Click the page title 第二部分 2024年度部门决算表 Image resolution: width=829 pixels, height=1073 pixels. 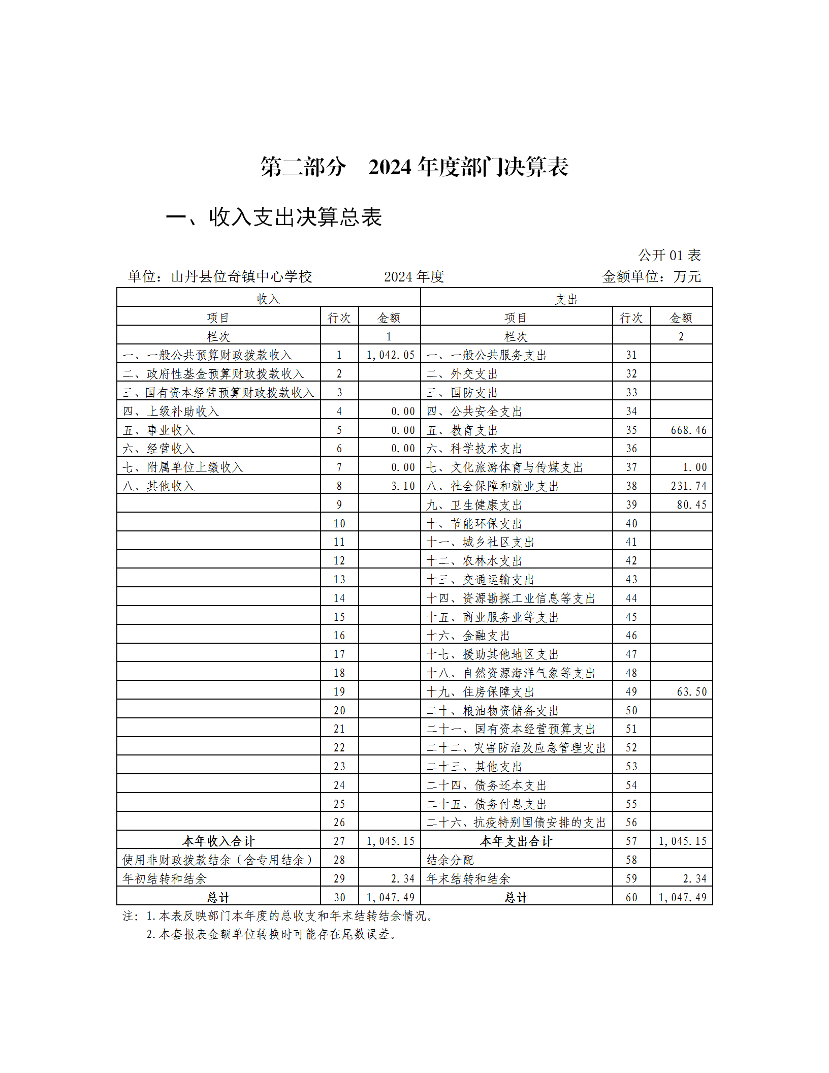414,167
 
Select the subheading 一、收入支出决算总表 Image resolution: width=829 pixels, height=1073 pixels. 274,217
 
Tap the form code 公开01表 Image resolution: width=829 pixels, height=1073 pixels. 669,255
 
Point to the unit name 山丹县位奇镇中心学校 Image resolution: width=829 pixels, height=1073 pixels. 241,277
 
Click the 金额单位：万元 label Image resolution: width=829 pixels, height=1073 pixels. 651,277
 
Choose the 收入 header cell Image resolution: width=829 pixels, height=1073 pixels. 268,299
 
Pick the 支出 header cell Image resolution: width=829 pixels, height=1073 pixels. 566,299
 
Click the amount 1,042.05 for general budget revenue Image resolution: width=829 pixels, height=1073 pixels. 390,355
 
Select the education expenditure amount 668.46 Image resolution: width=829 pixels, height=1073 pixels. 688,430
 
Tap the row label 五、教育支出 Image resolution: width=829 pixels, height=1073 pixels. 462,430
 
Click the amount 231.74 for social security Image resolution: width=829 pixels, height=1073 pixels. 688,486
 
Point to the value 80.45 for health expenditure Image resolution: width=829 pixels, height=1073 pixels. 691,505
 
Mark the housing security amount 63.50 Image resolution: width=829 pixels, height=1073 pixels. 691,692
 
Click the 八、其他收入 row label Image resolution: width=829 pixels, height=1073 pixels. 158,486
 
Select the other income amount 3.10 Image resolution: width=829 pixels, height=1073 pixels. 403,486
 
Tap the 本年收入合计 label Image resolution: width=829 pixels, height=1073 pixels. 218,841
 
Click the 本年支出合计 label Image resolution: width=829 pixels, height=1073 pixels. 516,841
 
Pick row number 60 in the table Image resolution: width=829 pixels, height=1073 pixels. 631,898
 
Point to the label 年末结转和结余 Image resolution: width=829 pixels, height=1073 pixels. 468,879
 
